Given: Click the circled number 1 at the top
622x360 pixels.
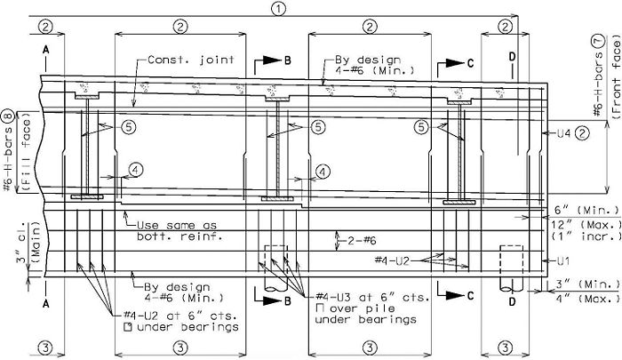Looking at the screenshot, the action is (x=278, y=9).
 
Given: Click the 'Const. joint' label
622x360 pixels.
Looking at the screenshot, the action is (x=191, y=60).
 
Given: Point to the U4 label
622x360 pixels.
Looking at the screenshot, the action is (x=563, y=133).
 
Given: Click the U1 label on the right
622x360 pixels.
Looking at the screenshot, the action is (x=562, y=260).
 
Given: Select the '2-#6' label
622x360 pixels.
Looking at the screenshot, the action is (x=362, y=241).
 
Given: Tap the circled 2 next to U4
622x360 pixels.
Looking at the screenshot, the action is (x=582, y=133).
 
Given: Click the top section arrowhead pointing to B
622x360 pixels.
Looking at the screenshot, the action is (x=272, y=60).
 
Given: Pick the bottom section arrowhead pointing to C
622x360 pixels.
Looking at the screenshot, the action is (x=455, y=295).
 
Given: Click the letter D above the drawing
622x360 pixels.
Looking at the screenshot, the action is (x=513, y=57).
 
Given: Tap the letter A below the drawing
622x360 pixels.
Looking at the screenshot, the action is (x=46, y=304).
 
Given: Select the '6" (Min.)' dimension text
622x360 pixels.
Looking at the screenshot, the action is (x=585, y=210).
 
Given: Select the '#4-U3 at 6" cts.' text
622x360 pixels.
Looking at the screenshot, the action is (x=372, y=297).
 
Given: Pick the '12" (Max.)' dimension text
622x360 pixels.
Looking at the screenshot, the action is (x=586, y=225).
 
